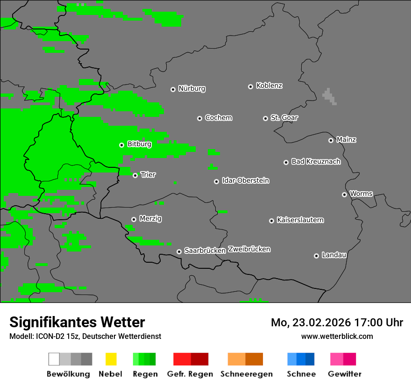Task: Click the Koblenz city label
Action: pyautogui.click(x=269, y=86)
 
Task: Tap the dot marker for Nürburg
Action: pyautogui.click(x=173, y=89)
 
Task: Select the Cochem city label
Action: pyautogui.click(x=218, y=118)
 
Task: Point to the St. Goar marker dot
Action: pyautogui.click(x=265, y=118)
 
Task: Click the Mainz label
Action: pyautogui.click(x=346, y=139)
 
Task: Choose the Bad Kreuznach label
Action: pyautogui.click(x=316, y=161)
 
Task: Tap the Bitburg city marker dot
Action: pyautogui.click(x=121, y=145)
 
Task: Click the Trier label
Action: pyautogui.click(x=148, y=174)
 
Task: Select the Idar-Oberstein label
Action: pyautogui.click(x=245, y=180)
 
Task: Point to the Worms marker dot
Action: pyautogui.click(x=344, y=194)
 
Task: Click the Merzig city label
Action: pyautogui.click(x=150, y=218)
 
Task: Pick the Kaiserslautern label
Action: pyautogui.click(x=300, y=220)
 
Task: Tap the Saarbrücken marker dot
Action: pyautogui.click(x=179, y=251)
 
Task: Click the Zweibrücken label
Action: pyautogui.click(x=249, y=249)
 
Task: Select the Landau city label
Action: pyautogui.click(x=334, y=255)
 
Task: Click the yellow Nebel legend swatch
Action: pyautogui.click(x=110, y=359)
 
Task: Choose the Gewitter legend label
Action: pyautogui.click(x=344, y=374)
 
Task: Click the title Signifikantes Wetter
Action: pyautogui.click(x=77, y=322)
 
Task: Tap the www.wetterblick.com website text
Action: pyautogui.click(x=337, y=336)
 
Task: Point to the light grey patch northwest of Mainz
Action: pyautogui.click(x=329, y=96)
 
